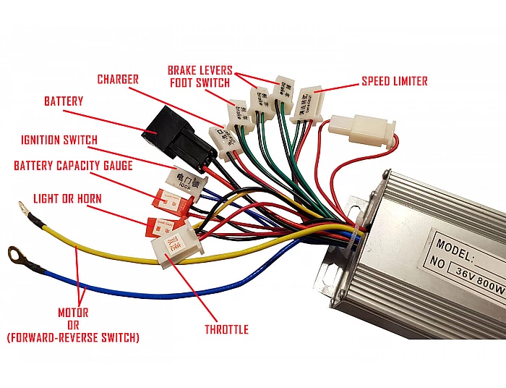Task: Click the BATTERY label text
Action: pyautogui.click(x=64, y=101)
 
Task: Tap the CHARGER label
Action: pyautogui.click(x=117, y=79)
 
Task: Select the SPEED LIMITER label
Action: pyautogui.click(x=394, y=81)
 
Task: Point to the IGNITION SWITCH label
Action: pyautogui.click(x=59, y=140)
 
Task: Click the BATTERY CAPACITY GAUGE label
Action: pyautogui.click(x=73, y=166)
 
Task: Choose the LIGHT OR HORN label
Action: pyautogui.click(x=67, y=198)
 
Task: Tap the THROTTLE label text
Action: pyautogui.click(x=226, y=329)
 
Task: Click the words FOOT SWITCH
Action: pyautogui.click(x=200, y=83)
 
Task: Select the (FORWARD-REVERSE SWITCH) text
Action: pyautogui.click(x=72, y=337)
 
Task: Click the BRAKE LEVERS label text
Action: pyautogui.click(x=200, y=70)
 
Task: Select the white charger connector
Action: pyautogui.click(x=222, y=137)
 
